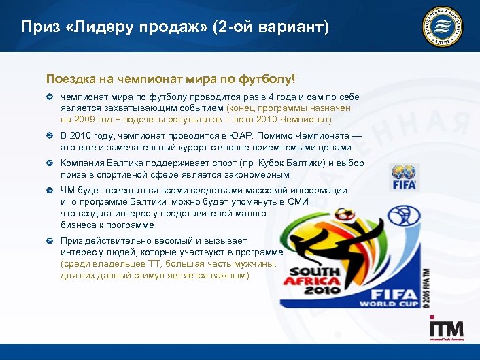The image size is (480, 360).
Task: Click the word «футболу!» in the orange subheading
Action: click(268, 78)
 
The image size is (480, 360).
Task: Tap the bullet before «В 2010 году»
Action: click(50, 136)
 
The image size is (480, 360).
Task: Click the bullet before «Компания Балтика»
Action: click(50, 164)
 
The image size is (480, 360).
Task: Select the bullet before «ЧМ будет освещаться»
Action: click(50, 191)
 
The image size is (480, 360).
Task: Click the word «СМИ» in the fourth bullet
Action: click(297, 202)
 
